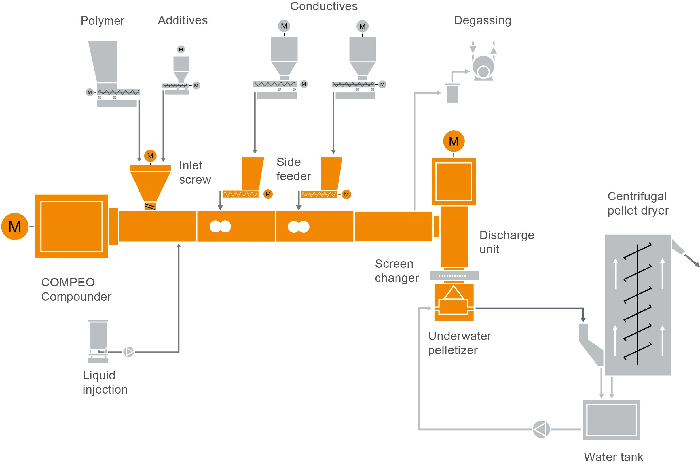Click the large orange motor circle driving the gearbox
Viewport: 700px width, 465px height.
point(15,226)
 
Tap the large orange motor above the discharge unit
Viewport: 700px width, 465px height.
point(453,141)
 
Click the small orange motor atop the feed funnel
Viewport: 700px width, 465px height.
point(150,156)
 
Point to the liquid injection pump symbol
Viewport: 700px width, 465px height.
point(128,352)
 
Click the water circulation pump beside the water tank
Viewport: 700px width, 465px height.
point(541,429)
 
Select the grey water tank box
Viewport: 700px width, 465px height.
point(612,420)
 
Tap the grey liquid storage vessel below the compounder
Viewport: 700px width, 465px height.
point(98,336)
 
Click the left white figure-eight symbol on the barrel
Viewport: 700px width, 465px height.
point(220,227)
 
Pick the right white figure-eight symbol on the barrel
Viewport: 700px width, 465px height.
point(299,227)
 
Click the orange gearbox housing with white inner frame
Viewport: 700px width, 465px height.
point(71,226)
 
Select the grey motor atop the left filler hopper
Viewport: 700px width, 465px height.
point(284,26)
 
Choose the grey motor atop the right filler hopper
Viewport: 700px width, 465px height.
point(362,26)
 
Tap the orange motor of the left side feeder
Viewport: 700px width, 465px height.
point(268,194)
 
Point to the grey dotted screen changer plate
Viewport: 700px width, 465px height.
point(454,275)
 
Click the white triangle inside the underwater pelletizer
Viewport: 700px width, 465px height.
point(453,293)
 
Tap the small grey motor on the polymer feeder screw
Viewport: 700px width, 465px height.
point(90,92)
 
